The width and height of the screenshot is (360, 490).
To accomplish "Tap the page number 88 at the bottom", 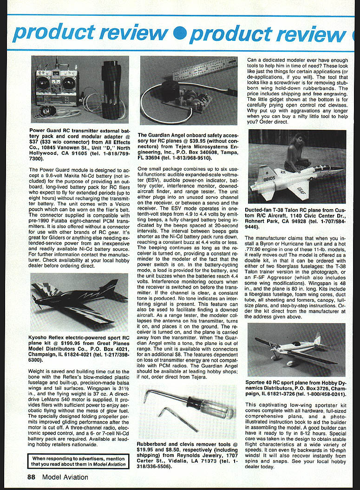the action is point(31,477).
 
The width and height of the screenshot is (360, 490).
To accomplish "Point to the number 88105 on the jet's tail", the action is point(269,178).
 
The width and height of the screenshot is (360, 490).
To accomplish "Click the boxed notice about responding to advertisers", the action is point(79,461).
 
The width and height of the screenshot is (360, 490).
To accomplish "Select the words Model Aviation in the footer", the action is point(65,477).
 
